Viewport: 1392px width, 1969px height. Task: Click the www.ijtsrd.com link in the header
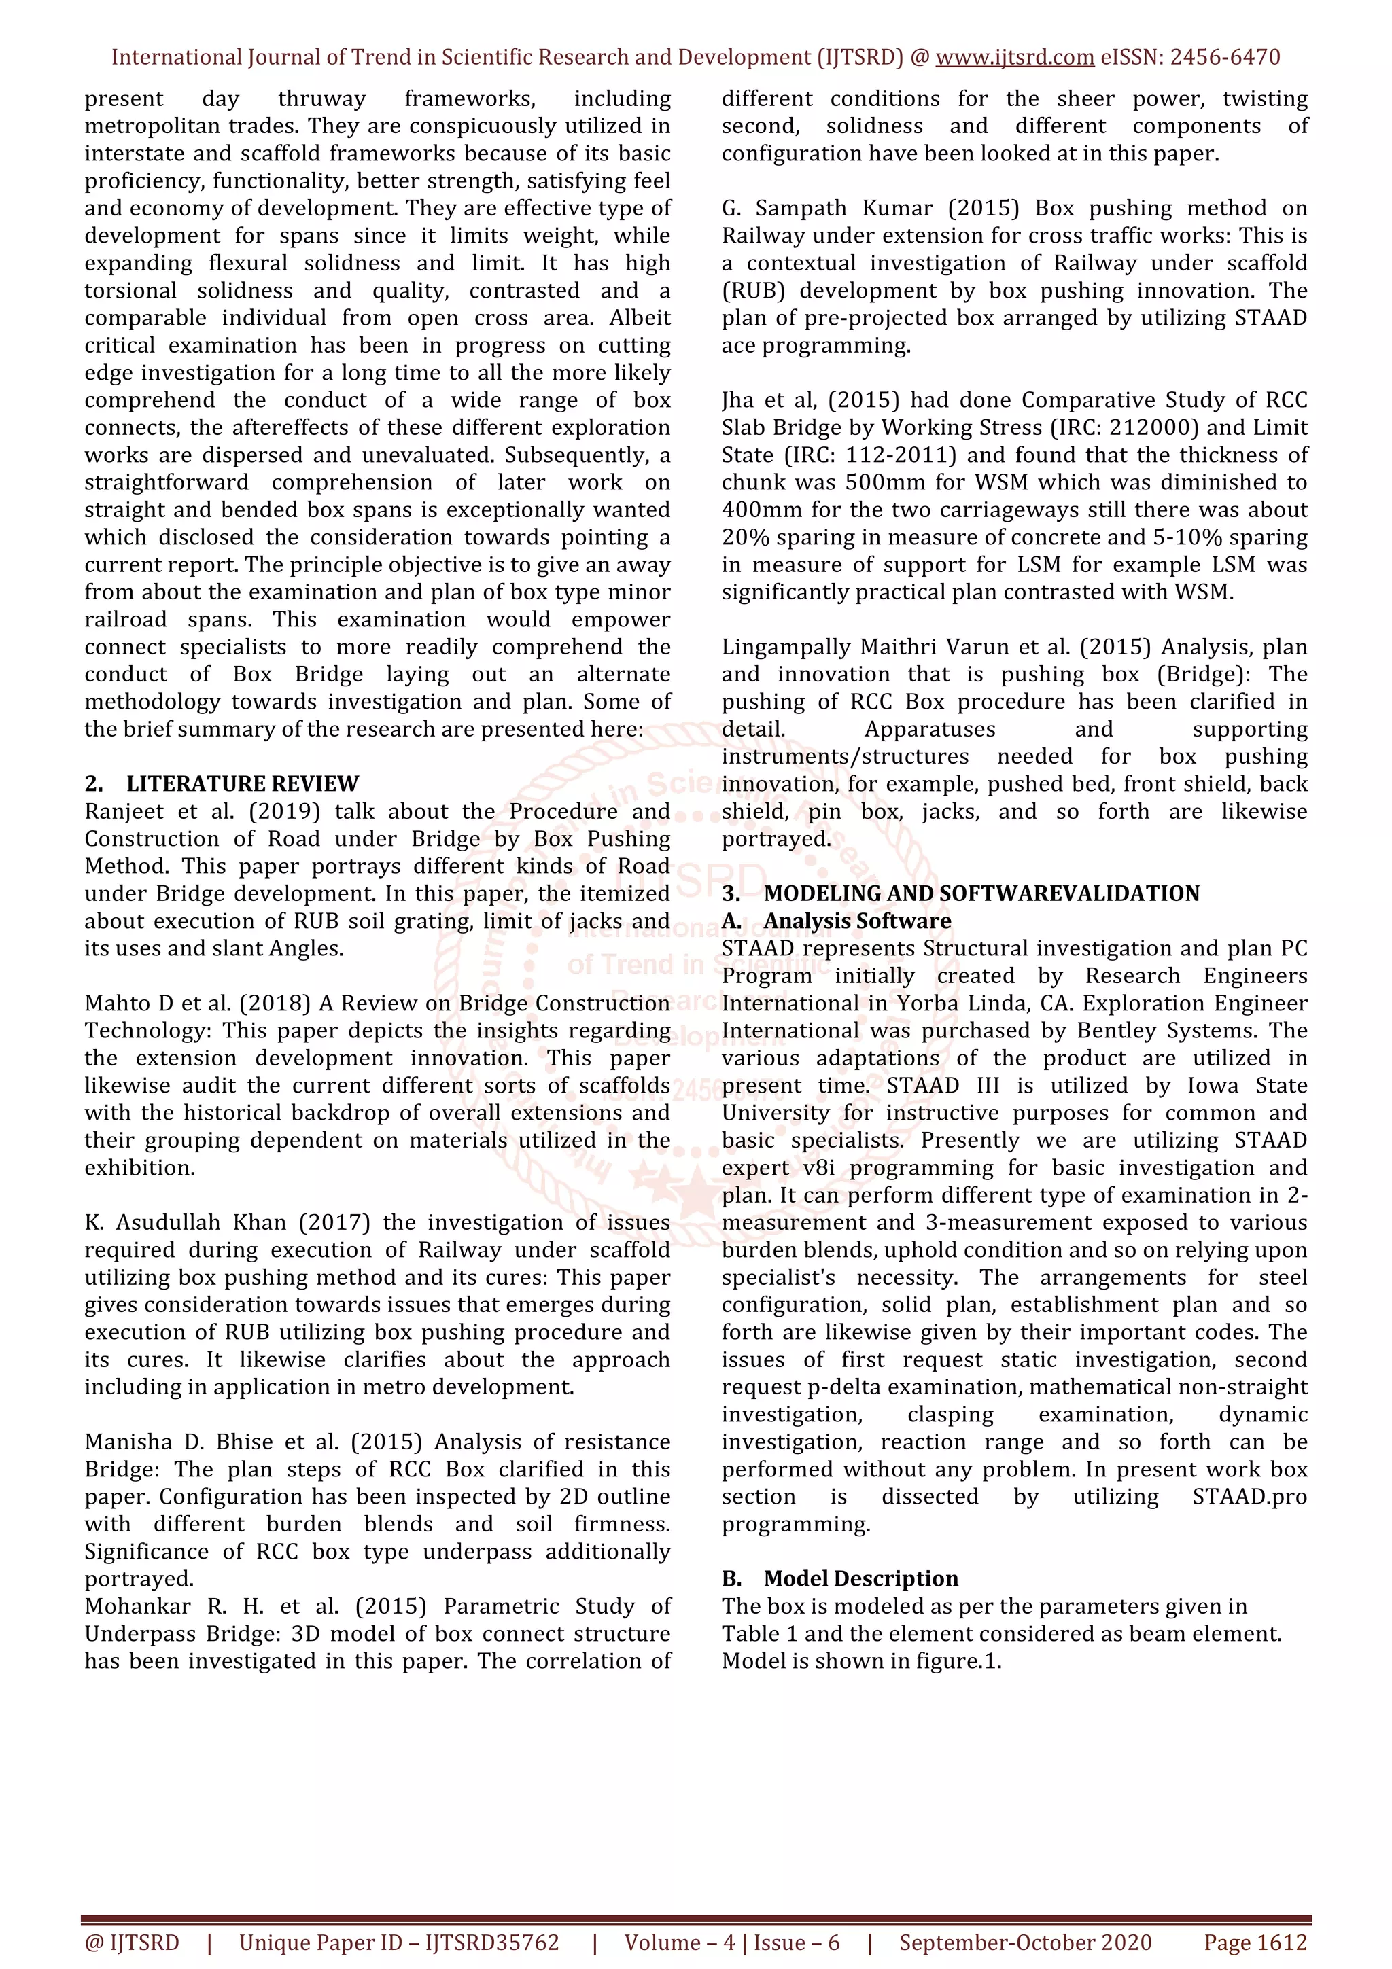pos(1014,58)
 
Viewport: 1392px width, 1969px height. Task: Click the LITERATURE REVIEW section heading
pos(242,784)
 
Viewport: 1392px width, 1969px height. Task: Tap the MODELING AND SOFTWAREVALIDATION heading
pos(981,893)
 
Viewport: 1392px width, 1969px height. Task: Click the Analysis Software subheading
pos(857,921)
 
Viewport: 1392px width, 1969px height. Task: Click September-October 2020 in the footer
pos(1025,1943)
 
